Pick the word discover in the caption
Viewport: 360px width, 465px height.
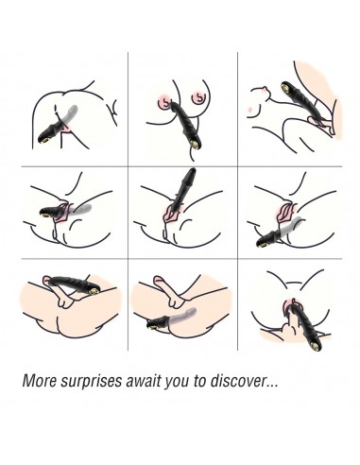tap(238, 381)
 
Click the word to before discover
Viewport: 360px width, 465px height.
tap(199, 381)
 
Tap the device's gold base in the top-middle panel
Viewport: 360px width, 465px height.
tap(196, 146)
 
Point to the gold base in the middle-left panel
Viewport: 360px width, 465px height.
tap(46, 215)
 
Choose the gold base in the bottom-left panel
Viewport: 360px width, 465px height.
tap(93, 291)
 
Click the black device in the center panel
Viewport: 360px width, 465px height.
tap(183, 188)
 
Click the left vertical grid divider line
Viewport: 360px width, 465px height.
tap(128, 201)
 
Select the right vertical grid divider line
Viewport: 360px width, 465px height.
tap(237, 201)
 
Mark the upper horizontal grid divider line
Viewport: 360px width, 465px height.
tap(181, 166)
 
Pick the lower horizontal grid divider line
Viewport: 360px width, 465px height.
tap(181, 259)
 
